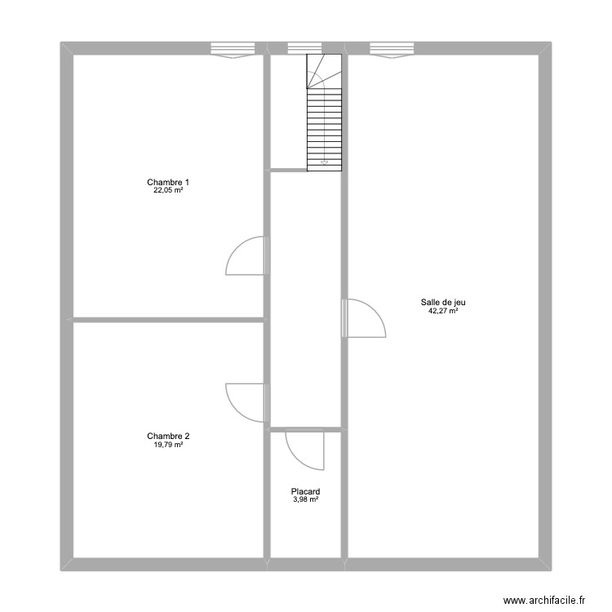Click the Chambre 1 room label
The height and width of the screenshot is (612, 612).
[168, 182]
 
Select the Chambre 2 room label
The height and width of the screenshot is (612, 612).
[168, 436]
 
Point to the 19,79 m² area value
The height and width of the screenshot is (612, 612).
[168, 445]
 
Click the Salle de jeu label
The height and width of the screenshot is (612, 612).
[443, 302]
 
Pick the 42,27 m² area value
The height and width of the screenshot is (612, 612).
[443, 311]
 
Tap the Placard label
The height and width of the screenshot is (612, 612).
[305, 491]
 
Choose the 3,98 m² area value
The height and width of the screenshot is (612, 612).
[305, 499]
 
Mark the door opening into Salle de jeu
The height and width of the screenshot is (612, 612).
[365, 318]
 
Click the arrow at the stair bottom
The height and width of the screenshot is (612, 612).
[324, 162]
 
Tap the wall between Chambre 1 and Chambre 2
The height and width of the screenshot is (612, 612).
[168, 319]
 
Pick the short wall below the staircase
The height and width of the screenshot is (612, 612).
[288, 170]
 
